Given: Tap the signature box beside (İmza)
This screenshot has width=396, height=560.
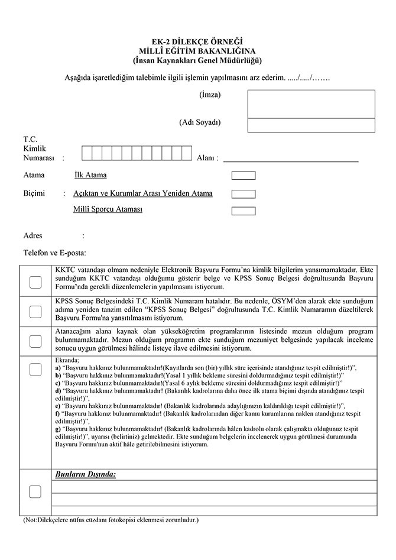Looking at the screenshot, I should point(311,104).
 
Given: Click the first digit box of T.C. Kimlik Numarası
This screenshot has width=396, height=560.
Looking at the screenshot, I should point(87,154).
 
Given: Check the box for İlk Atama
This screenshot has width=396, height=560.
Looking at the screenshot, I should point(244,176).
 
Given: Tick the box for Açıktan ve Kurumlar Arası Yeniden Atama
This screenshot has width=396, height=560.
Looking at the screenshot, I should point(244,193).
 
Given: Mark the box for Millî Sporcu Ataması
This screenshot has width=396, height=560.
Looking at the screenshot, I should point(244,211).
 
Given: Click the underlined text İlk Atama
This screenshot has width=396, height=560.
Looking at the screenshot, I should point(90,176).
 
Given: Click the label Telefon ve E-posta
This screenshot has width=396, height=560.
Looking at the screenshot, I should point(54,253).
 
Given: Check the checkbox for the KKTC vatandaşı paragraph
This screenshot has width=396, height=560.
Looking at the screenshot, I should point(35,281).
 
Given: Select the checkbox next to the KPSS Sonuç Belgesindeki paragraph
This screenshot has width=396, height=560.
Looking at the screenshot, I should point(35,310).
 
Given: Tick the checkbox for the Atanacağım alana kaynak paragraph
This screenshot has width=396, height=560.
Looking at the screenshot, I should point(35,341).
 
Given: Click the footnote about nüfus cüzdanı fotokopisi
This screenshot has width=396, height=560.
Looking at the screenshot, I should point(111,520).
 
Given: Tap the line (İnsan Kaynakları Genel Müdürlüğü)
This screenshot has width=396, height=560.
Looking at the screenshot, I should point(197,61).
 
